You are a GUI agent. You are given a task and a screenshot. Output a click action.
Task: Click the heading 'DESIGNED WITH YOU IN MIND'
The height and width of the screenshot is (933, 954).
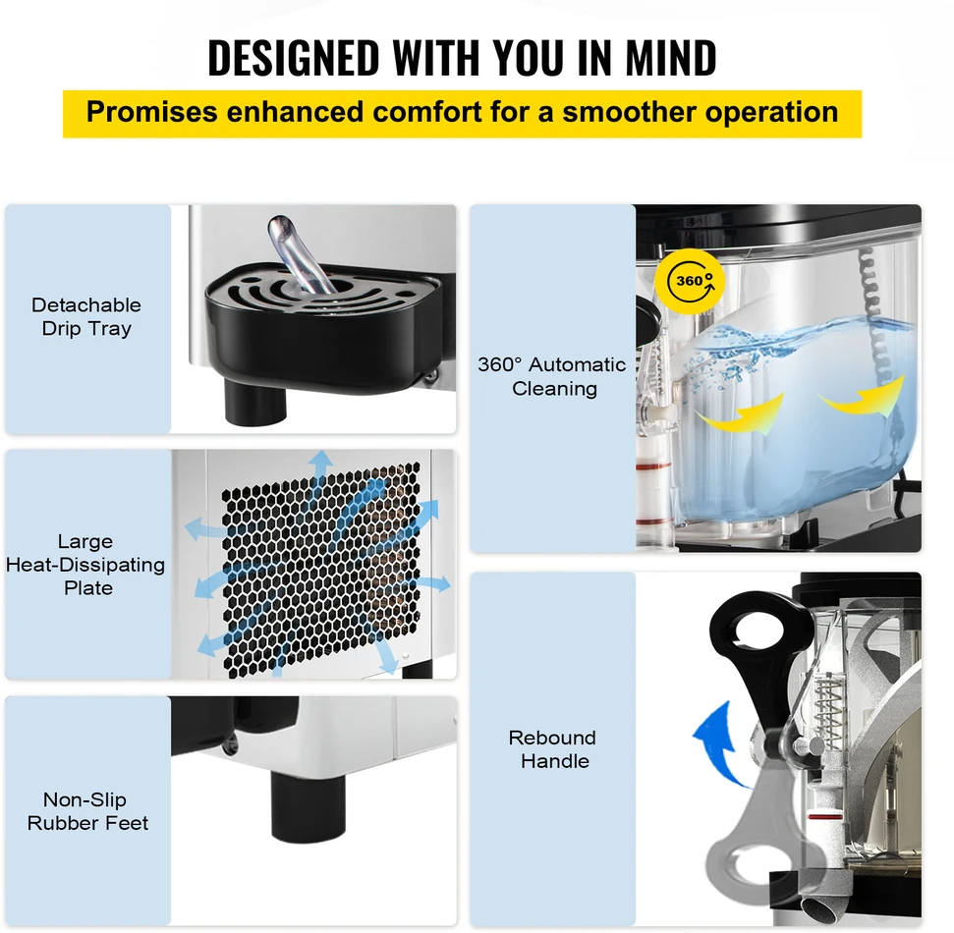tap(462, 58)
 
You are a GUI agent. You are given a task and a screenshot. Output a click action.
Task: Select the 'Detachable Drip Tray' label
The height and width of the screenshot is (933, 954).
tap(86, 316)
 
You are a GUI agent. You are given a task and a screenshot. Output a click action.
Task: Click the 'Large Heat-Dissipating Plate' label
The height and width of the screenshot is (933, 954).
tap(85, 565)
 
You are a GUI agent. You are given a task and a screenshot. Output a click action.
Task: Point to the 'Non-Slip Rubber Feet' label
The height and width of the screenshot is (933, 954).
tap(87, 811)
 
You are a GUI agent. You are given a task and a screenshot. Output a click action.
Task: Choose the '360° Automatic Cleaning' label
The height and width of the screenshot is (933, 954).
tap(552, 376)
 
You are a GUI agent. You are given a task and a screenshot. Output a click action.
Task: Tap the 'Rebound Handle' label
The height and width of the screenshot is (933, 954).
tap(553, 748)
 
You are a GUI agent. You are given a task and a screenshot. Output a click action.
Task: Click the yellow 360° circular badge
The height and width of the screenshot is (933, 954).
tap(690, 281)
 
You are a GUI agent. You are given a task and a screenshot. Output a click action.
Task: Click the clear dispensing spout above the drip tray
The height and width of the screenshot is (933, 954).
tap(299, 254)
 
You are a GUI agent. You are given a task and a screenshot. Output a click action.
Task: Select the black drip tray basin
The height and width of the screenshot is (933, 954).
tap(322, 327)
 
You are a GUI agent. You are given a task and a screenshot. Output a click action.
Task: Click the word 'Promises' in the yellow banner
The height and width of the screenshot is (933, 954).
tap(151, 113)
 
